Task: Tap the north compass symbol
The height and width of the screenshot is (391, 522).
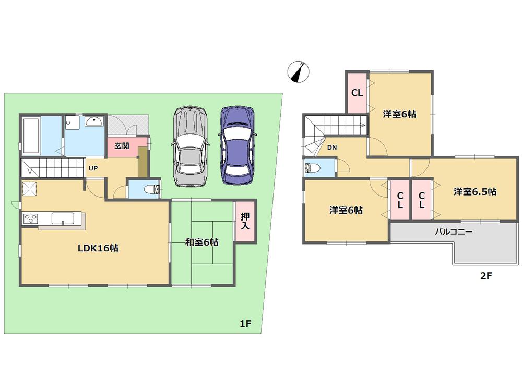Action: point(299,72)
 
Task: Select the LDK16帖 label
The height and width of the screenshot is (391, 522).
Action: point(98,248)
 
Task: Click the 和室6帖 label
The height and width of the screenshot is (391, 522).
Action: point(202,242)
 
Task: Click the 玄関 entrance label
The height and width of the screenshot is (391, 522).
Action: point(122,146)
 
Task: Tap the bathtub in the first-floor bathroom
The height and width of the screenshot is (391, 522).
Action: point(31,136)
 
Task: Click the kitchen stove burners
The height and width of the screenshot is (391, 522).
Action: point(29,218)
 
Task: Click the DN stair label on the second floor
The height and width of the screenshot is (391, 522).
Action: point(332,148)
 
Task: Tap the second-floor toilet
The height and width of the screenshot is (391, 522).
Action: point(312,168)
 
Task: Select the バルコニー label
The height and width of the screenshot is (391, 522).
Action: point(454,231)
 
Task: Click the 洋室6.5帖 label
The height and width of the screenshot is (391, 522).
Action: point(474,191)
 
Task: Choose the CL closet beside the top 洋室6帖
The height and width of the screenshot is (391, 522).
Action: point(357,93)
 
